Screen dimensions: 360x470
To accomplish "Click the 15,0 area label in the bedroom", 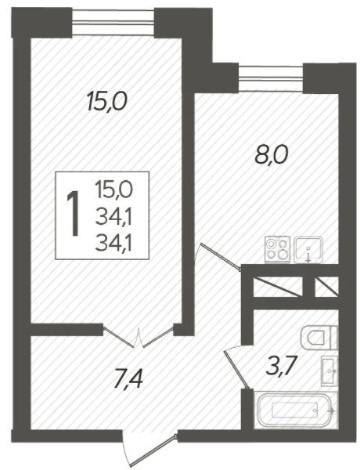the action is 106,101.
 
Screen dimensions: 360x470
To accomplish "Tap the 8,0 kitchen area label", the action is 272,156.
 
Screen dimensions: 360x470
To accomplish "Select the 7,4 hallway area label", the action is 129,379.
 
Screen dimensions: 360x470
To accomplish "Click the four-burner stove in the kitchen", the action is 278,250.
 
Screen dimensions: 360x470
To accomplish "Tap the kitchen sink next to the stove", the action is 308,250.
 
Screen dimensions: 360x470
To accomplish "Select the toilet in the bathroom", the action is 319,338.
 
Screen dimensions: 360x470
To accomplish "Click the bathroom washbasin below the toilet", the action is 329,371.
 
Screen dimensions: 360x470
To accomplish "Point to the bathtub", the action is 296,410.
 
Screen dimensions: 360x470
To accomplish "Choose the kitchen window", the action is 271,78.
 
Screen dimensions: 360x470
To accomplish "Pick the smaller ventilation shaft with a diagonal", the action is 327,287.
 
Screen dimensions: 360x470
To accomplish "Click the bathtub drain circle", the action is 315,410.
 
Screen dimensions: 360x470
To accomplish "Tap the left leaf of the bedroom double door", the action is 119,337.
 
